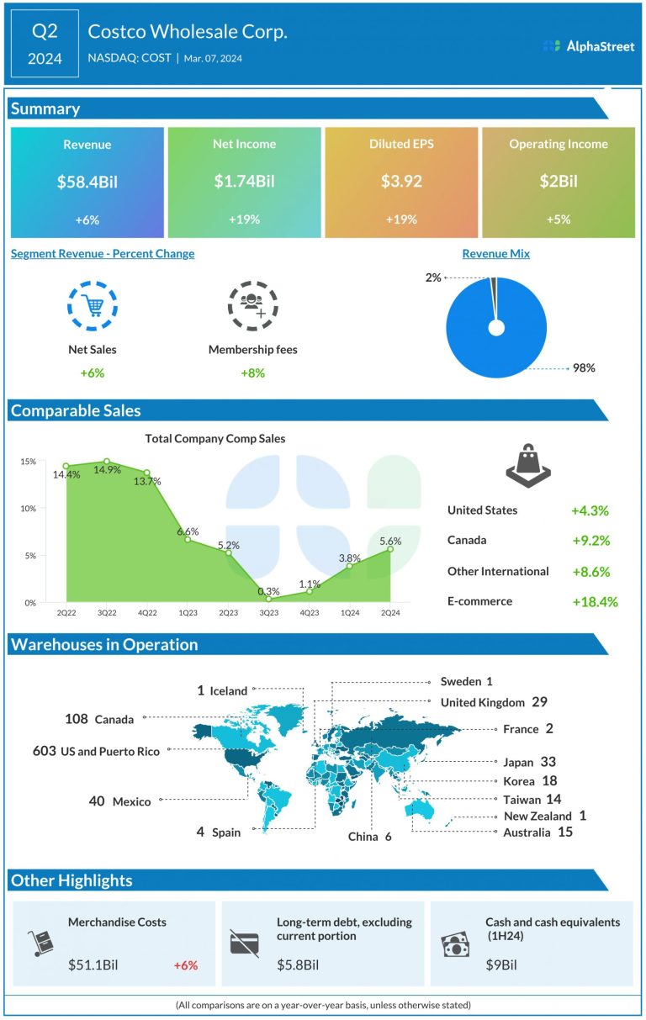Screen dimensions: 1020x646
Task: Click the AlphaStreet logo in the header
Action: (589, 46)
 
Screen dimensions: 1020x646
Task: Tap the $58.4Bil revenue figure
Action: (87, 181)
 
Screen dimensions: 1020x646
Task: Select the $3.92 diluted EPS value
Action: (401, 181)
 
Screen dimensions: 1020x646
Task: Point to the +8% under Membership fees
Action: (252, 373)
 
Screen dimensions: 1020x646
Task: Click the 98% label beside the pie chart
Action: (585, 368)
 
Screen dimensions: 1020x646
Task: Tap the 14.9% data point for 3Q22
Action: (107, 462)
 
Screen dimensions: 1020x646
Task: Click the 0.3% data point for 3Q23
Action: (269, 598)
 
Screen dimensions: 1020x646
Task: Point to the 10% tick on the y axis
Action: (28, 509)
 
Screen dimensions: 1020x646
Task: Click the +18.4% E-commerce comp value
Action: (594, 602)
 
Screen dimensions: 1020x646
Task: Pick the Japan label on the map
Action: (518, 763)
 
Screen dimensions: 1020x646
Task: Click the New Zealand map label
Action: (537, 817)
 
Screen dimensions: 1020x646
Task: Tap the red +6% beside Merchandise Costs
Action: (185, 965)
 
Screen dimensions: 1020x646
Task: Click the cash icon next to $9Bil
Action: (455, 944)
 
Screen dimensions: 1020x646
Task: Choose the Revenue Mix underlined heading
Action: (496, 254)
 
